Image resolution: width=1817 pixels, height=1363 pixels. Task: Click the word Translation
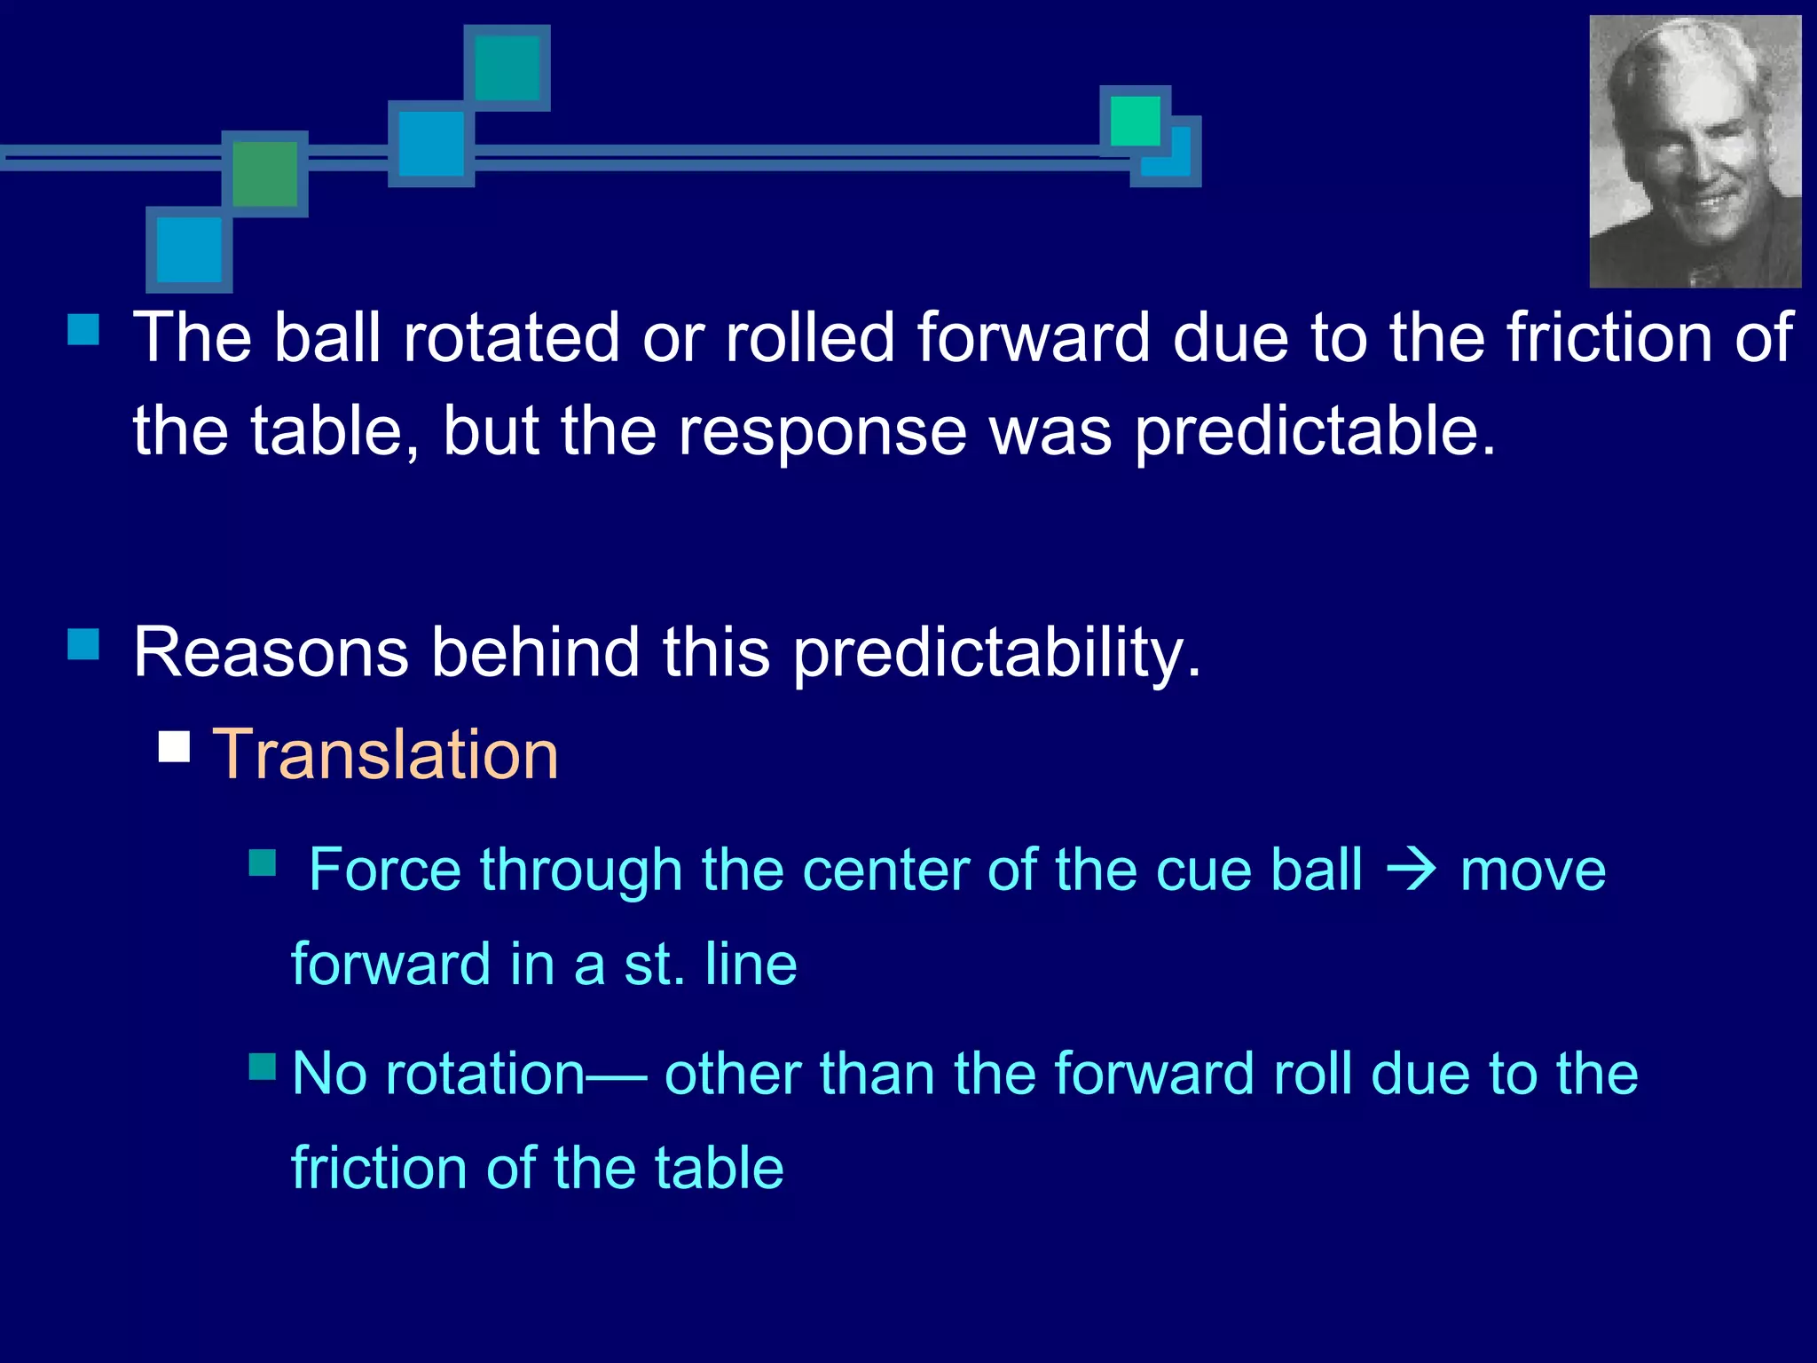(385, 755)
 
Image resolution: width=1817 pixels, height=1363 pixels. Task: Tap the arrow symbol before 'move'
(1411, 870)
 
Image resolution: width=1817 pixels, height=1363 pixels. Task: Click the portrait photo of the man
(1695, 152)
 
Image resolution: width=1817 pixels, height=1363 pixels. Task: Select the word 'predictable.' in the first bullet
(1316, 432)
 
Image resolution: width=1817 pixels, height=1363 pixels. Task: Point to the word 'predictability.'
(996, 653)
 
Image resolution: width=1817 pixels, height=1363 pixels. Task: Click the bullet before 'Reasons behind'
(83, 644)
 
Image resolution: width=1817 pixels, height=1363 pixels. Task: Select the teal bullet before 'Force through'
(263, 862)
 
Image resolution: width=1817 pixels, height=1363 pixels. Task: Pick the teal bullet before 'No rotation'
(263, 1066)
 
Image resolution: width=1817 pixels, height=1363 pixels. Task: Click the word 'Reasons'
(271, 653)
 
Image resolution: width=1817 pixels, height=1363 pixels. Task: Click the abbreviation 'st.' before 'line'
(655, 965)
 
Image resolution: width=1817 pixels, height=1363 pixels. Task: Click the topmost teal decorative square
(507, 68)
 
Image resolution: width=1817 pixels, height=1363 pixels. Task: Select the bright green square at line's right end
(1135, 121)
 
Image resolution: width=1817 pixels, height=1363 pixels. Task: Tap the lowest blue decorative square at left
(189, 250)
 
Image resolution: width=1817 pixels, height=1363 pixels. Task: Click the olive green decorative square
(264, 174)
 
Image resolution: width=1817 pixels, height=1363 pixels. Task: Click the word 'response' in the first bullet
(822, 432)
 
